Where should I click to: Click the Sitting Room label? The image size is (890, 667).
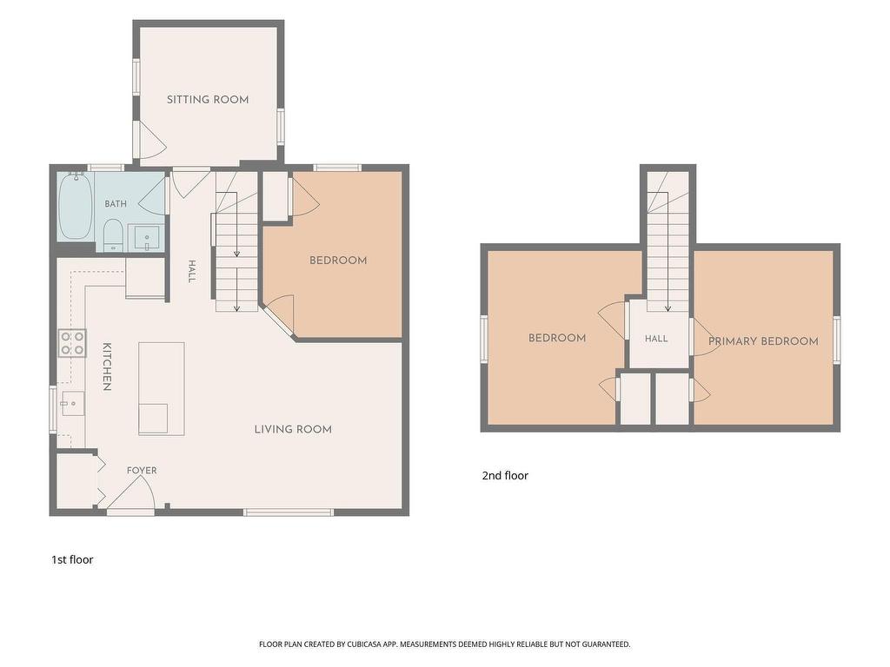pyautogui.click(x=208, y=100)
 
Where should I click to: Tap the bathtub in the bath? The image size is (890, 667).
pyautogui.click(x=76, y=205)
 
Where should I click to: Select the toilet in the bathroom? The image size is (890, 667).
pyautogui.click(x=114, y=234)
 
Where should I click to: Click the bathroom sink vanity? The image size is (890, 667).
pyautogui.click(x=147, y=238)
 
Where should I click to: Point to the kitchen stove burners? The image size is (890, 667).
pyautogui.click(x=73, y=342)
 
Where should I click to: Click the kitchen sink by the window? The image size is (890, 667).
pyautogui.click(x=73, y=403)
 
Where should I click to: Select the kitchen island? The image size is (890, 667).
pyautogui.click(x=161, y=388)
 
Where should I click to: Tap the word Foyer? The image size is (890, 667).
pyautogui.click(x=142, y=470)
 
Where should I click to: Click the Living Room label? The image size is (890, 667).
pyautogui.click(x=293, y=429)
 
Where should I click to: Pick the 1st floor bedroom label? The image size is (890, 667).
pyautogui.click(x=338, y=261)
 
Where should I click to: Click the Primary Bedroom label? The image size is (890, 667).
pyautogui.click(x=763, y=340)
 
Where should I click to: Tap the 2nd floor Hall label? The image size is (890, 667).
pyautogui.click(x=656, y=339)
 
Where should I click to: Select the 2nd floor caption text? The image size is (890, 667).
pyautogui.click(x=505, y=475)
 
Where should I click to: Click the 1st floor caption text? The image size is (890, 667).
pyautogui.click(x=72, y=560)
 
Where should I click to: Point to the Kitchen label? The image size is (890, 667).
pyautogui.click(x=106, y=367)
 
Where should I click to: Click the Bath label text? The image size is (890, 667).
pyautogui.click(x=116, y=203)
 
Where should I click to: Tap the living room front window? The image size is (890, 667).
pyautogui.click(x=289, y=512)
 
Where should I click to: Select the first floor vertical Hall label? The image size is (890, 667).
pyautogui.click(x=192, y=271)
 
